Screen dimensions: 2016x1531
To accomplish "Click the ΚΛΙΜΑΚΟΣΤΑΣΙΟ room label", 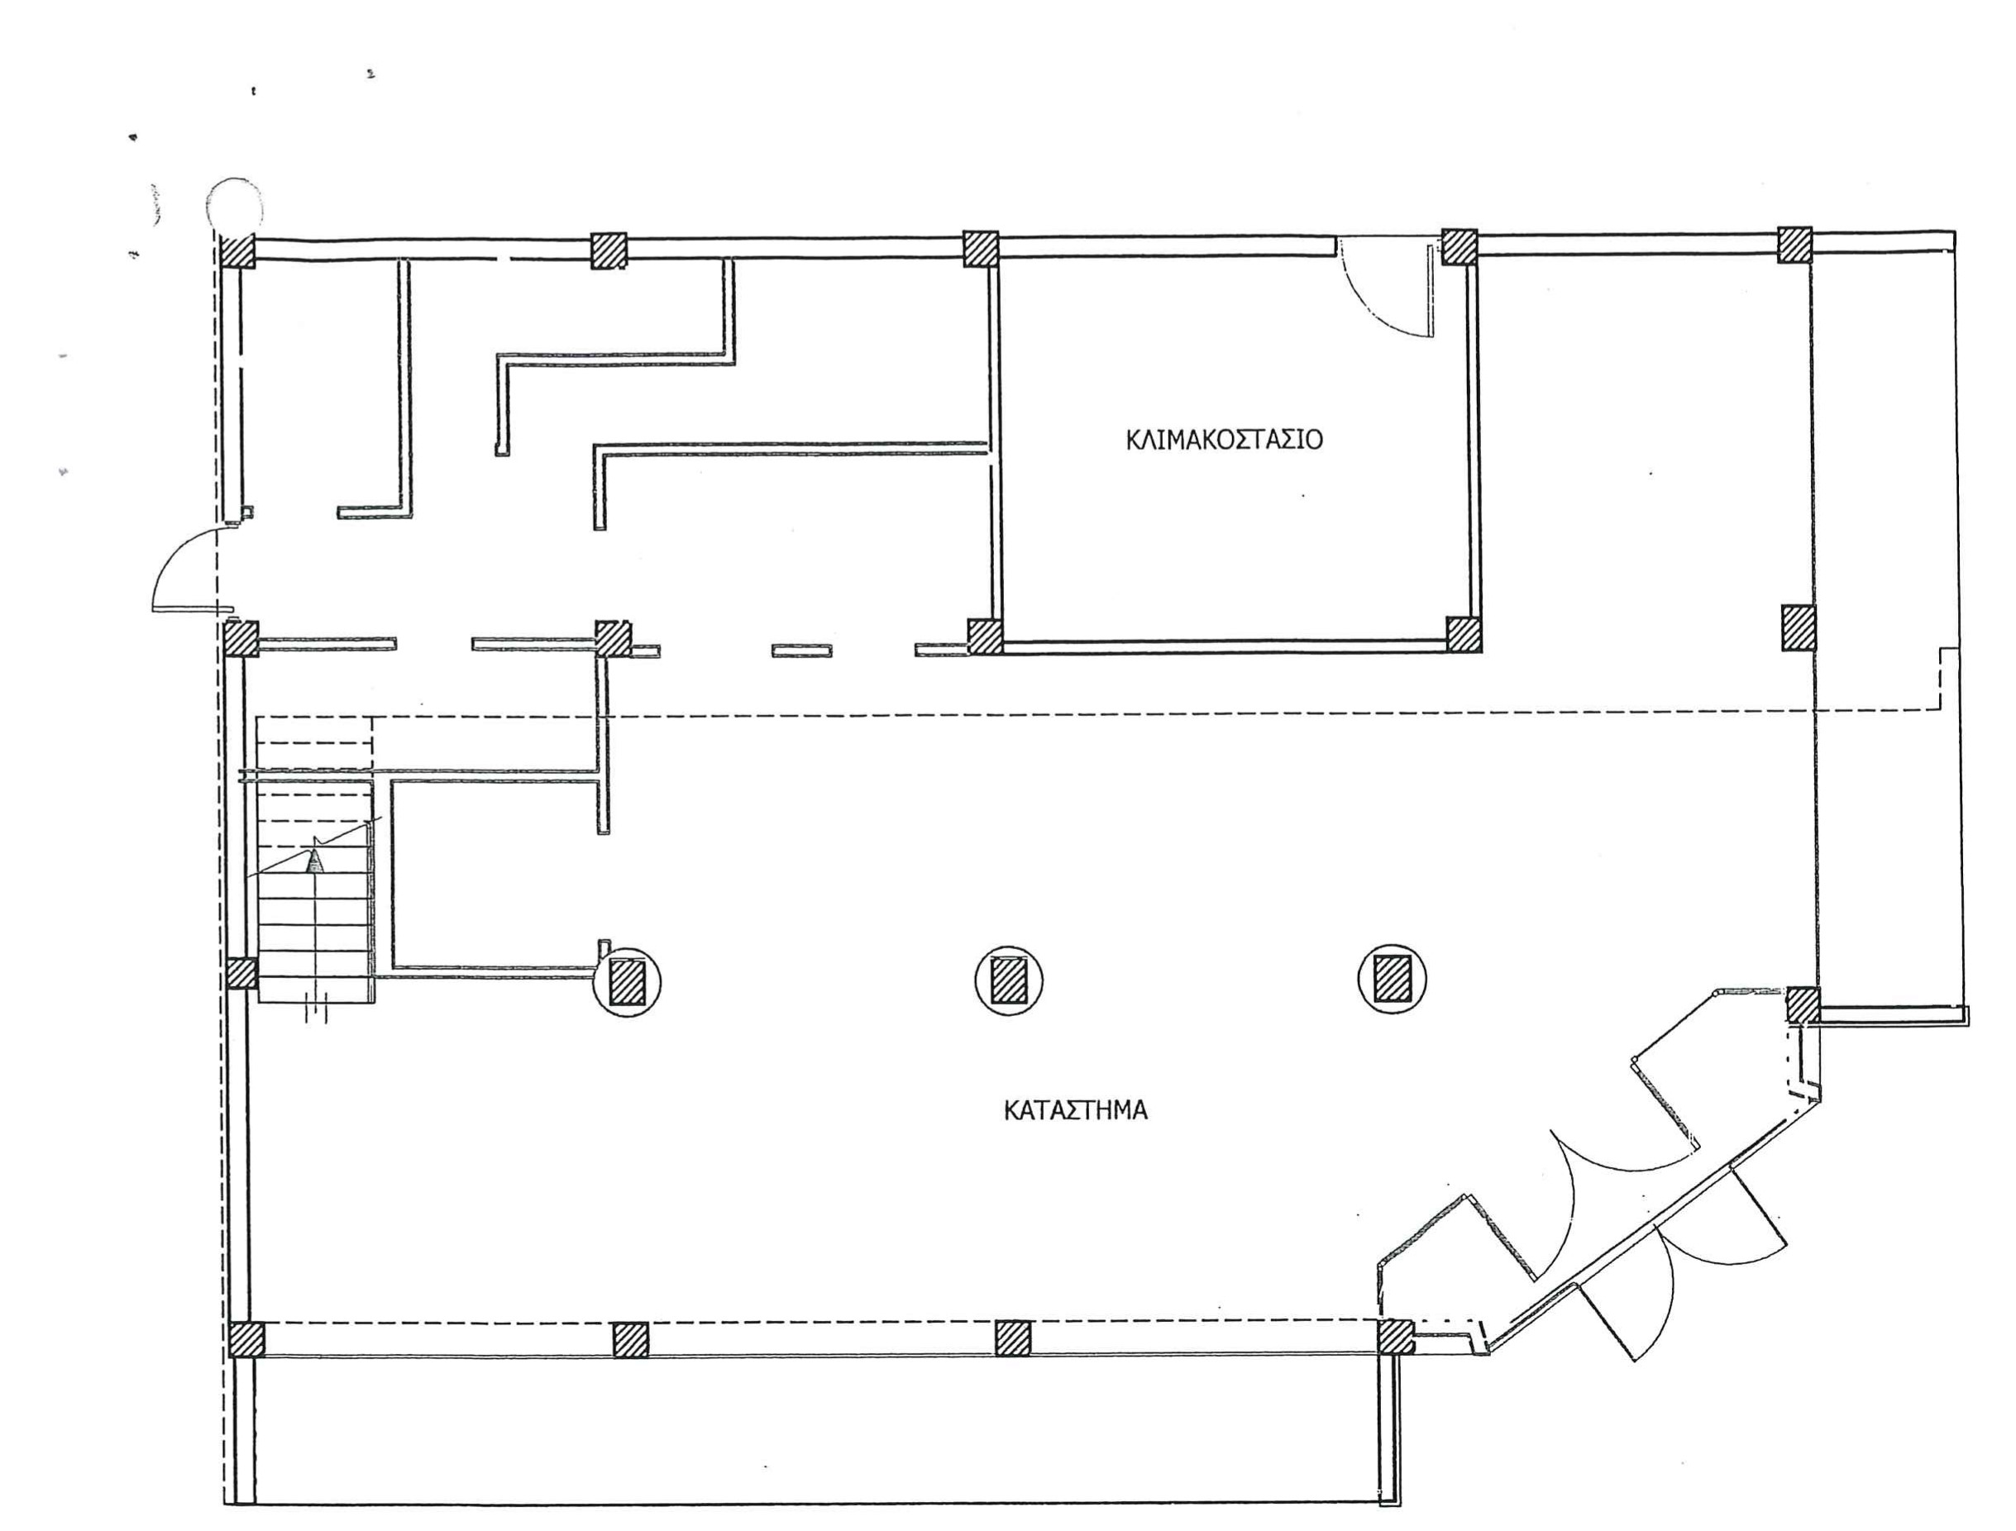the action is click(1224, 440).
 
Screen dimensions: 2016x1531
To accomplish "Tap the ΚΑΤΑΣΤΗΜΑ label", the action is click(1076, 1111).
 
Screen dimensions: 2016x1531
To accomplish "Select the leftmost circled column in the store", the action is click(627, 981).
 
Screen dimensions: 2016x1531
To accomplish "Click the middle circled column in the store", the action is click(1009, 980).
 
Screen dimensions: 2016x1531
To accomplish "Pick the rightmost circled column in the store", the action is click(1392, 980).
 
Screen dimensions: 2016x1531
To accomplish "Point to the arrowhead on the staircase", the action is click(315, 860).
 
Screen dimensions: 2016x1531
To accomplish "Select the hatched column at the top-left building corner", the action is click(239, 250).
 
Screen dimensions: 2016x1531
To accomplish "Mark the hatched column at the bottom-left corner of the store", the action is click(246, 1339).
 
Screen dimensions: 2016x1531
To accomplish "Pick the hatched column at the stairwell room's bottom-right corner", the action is click(1464, 633).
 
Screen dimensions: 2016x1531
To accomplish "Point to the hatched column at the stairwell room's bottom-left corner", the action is click(984, 636).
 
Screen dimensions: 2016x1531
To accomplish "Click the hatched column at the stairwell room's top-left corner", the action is click(982, 248).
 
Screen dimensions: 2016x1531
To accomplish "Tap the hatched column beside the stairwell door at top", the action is click(1459, 246).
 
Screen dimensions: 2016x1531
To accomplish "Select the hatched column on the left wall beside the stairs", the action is click(241, 973).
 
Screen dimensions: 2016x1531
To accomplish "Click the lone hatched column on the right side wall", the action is click(1799, 628).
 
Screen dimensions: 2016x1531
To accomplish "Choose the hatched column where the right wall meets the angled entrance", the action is click(1803, 1005).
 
